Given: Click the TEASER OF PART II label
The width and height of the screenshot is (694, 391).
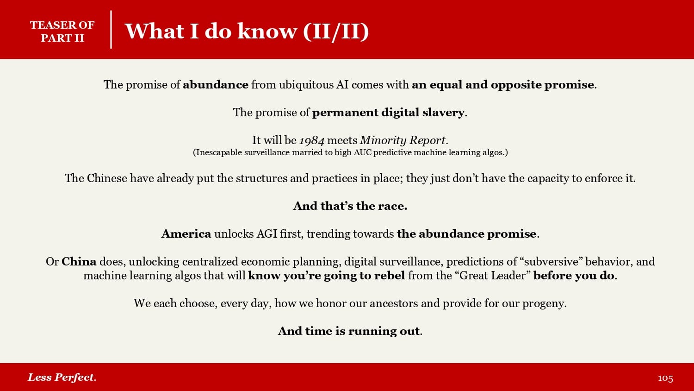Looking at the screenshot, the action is click(62, 32).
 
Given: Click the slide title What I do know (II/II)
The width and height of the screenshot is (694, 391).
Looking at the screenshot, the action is click(247, 31).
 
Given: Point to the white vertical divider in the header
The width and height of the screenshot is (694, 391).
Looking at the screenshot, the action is click(111, 30).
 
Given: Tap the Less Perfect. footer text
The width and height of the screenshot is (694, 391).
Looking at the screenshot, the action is click(62, 378).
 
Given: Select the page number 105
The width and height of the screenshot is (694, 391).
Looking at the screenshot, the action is click(665, 378).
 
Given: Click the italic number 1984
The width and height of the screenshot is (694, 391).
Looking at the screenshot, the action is click(312, 140).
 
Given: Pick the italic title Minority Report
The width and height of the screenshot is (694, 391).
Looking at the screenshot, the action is click(403, 140).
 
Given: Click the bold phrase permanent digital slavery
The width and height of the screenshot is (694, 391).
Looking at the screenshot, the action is click(388, 112).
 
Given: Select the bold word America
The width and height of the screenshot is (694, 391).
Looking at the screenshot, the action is click(186, 233).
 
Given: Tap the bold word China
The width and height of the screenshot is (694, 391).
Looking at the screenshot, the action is click(79, 262).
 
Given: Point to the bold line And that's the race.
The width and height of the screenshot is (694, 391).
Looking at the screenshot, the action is click(350, 206).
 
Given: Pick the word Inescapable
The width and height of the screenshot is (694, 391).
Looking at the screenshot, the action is click(217, 153).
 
